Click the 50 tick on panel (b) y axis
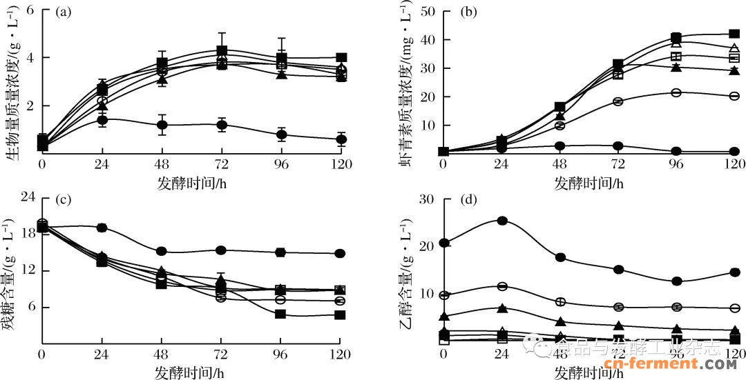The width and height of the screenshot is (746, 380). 427,12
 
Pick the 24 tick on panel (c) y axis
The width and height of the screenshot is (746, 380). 28,197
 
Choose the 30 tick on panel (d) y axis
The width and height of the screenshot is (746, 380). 427,199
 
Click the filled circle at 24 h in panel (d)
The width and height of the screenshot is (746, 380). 503,221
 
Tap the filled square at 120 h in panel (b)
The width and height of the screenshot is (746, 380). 735,34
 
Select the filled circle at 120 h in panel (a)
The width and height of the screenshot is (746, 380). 341,139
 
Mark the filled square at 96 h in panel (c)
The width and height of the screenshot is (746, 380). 280,314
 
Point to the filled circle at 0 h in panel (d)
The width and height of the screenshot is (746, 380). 443,243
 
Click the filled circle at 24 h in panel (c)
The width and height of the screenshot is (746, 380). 102,228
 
